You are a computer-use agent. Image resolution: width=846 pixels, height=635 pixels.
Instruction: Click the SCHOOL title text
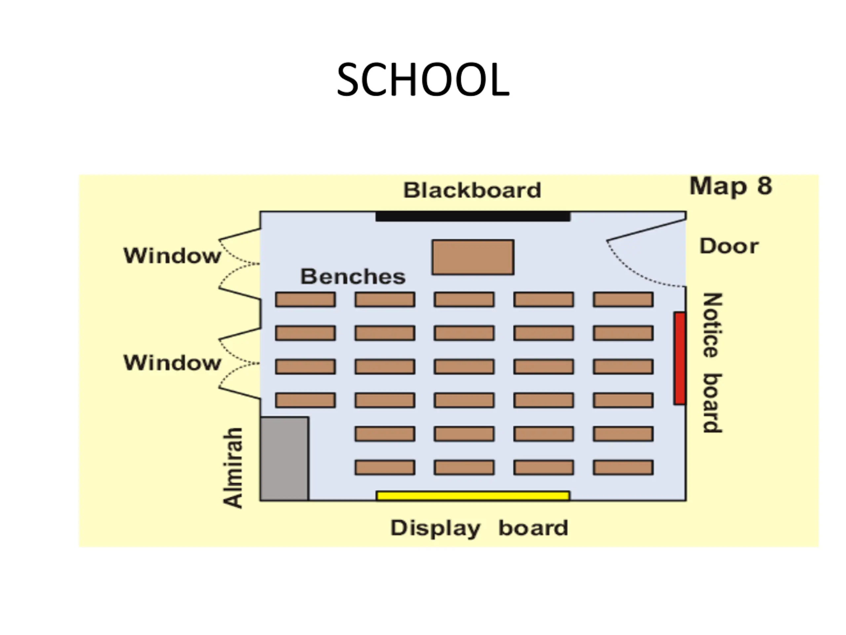(423, 80)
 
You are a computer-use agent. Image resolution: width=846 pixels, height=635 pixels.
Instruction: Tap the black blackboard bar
(473, 216)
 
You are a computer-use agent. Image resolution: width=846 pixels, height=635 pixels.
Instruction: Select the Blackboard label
(472, 190)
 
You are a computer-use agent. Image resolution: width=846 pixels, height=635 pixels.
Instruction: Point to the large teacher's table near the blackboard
(473, 257)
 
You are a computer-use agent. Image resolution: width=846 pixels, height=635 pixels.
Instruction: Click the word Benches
(353, 276)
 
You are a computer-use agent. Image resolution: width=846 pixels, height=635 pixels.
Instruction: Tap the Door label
(729, 246)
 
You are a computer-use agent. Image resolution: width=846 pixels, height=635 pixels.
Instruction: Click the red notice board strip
(679, 358)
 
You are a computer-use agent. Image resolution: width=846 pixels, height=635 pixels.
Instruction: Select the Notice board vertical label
(712, 362)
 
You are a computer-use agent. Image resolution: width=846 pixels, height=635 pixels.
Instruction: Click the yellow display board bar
(473, 496)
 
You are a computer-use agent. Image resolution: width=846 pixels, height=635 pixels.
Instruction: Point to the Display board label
(479, 528)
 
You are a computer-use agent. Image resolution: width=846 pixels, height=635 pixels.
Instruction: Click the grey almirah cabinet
(285, 458)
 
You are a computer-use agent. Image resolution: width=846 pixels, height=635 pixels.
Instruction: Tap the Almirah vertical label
(233, 468)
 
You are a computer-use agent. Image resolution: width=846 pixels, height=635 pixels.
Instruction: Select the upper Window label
(172, 255)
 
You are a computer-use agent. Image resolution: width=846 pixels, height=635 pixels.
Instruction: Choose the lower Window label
(172, 362)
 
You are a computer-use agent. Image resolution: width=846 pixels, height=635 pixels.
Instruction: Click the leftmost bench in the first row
(305, 299)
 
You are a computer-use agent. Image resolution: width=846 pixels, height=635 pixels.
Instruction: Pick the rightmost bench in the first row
(623, 299)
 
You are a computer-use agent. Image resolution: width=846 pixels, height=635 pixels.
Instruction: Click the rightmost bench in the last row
(623, 467)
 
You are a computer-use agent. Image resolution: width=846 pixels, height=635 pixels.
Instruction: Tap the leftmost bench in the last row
(385, 467)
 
